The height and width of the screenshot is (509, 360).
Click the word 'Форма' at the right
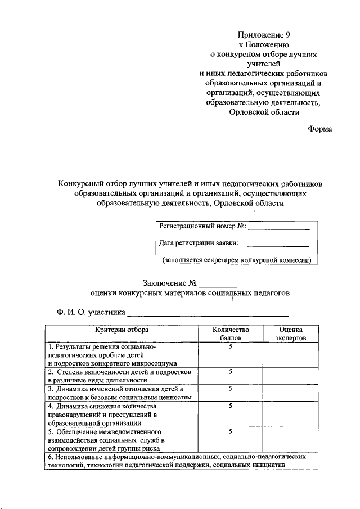pyautogui.click(x=320, y=129)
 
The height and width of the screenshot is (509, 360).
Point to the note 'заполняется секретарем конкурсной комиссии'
pyautogui.click(x=236, y=260)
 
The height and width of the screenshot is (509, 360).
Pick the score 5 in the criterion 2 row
pyautogui.click(x=231, y=372)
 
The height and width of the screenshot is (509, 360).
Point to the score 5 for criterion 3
pyautogui.click(x=231, y=389)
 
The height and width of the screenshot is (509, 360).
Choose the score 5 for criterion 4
pyautogui.click(x=231, y=406)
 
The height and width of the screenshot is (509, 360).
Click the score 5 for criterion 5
pyautogui.click(x=231, y=431)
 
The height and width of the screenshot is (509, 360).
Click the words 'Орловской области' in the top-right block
pyautogui.click(x=264, y=112)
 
